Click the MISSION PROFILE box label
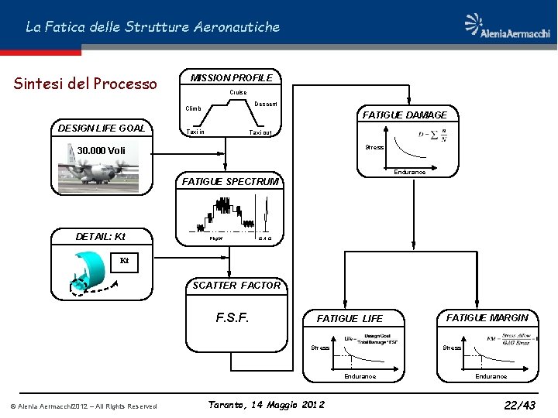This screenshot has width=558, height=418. tap(232, 77)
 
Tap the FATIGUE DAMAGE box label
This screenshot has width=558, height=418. tap(404, 115)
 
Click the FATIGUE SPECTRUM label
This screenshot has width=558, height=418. tap(229, 182)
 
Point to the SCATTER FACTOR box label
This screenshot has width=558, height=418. tap(236, 286)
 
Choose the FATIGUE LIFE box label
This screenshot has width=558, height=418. tap(350, 318)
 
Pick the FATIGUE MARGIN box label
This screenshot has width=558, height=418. tap(487, 317)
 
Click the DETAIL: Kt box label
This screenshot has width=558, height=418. tap(100, 236)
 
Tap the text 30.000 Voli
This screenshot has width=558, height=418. tap(102, 150)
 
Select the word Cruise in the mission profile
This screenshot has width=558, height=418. tap(238, 92)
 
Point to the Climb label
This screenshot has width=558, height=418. tap(193, 108)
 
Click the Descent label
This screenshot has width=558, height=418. tap(267, 104)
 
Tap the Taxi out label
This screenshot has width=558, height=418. tap(260, 133)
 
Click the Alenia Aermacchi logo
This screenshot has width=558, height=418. tap(508, 26)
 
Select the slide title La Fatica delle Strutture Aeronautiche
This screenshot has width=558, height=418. tap(153, 27)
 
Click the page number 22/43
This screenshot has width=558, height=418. tap(519, 405)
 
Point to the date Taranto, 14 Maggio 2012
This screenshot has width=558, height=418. tap(267, 405)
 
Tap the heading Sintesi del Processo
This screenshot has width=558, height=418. tap(85, 84)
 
